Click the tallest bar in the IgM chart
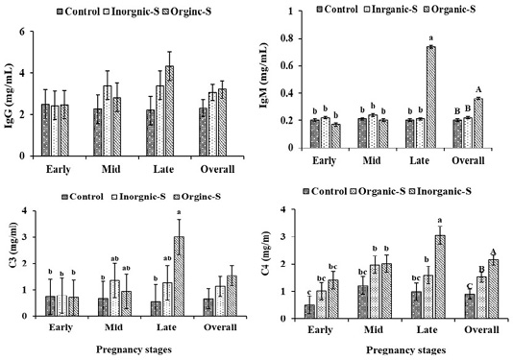(x=430, y=97)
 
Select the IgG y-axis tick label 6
(x=22, y=32)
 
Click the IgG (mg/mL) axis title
(x=10, y=95)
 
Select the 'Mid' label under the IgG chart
(x=110, y=169)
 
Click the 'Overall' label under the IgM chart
(x=468, y=160)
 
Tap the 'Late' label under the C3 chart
(x=166, y=327)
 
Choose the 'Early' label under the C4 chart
(x=320, y=329)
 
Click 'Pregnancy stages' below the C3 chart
(x=134, y=349)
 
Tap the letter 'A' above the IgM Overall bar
(x=479, y=89)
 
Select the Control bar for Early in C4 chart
(x=309, y=312)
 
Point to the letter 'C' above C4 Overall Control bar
(x=470, y=285)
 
